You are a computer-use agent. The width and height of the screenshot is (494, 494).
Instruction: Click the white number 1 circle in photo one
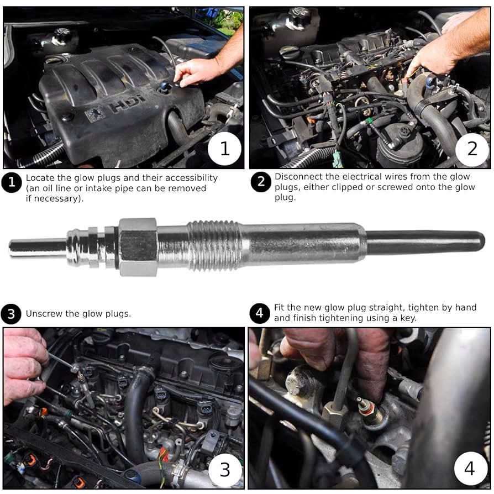(x=224, y=149)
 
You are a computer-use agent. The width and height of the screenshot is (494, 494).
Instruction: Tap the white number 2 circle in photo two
(x=472, y=149)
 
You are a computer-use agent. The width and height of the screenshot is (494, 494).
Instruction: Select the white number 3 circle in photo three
(x=225, y=470)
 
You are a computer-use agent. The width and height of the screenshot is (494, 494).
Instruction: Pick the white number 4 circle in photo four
(x=470, y=469)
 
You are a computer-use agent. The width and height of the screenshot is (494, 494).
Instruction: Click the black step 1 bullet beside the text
(x=12, y=182)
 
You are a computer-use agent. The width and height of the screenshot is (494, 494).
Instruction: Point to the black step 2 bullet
(x=261, y=182)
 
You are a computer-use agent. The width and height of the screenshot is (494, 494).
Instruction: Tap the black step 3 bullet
(x=11, y=314)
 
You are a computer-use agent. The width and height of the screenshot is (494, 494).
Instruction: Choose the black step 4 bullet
(x=259, y=313)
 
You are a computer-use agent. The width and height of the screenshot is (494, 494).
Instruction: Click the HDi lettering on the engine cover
(x=126, y=104)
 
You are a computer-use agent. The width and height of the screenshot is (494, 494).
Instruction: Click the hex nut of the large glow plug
(x=138, y=247)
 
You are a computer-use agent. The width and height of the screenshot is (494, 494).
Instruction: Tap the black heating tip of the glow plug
(x=425, y=243)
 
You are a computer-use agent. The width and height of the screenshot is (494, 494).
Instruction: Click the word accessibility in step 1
(x=191, y=178)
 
